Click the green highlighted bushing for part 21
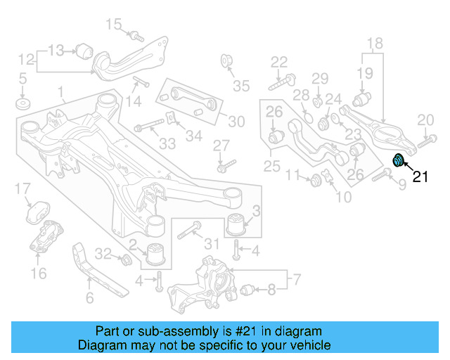[398, 160]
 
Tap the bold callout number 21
[420, 177]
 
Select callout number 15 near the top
[114, 25]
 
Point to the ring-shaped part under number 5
[22, 105]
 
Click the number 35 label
[241, 86]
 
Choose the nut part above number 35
[228, 59]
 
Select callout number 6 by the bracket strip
[89, 298]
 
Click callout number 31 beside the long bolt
[212, 244]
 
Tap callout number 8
[272, 288]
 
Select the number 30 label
[236, 122]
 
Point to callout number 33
[167, 144]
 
